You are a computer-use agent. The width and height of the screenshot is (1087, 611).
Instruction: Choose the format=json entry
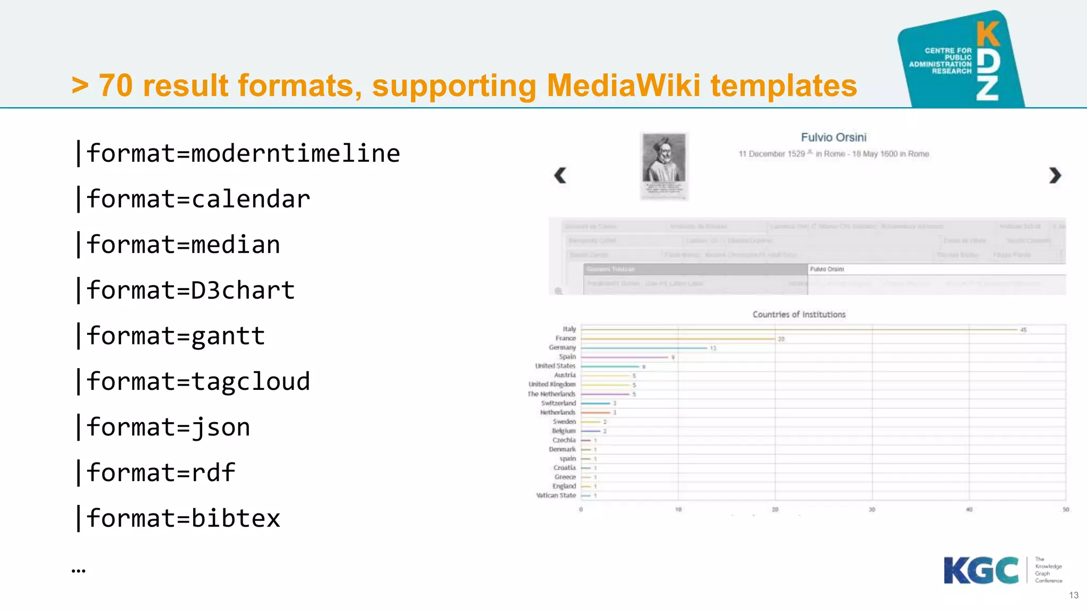pos(168,427)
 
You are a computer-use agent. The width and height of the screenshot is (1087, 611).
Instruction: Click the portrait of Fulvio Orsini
pos(664,165)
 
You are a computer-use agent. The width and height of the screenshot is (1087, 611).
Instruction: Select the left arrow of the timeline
pos(560,175)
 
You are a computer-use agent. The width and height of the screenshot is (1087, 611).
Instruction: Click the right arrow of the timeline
pos(1055,175)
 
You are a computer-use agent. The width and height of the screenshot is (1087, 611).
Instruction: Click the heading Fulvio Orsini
pos(833,137)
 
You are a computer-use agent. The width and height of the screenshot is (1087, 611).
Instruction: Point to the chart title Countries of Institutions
pos(799,315)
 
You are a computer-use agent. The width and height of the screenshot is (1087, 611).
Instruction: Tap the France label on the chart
pos(565,338)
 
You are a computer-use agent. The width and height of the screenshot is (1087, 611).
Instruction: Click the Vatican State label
pos(556,495)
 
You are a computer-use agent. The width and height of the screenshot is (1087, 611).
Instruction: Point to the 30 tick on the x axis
pos(872,510)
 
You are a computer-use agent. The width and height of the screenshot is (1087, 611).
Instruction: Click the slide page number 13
pos(1073,595)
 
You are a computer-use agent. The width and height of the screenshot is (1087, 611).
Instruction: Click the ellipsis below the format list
pos(79,571)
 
